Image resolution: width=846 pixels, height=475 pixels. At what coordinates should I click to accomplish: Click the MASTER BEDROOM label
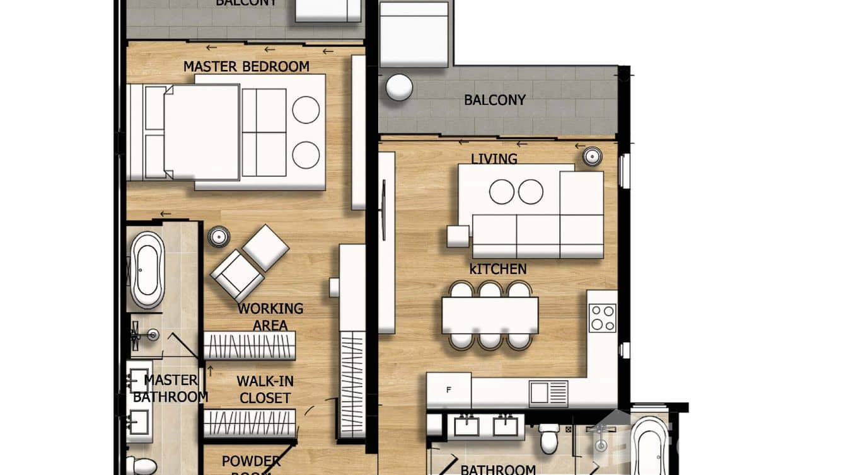[x=246, y=66]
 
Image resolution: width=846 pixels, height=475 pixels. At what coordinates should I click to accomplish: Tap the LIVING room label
[x=494, y=159]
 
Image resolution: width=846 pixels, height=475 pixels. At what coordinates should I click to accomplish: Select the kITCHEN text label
[x=497, y=269]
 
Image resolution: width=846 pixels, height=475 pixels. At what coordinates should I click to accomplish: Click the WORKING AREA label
[x=270, y=317]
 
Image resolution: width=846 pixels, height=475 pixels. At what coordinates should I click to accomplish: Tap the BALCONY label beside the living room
[x=494, y=100]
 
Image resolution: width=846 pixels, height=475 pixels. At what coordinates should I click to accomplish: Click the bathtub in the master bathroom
[x=147, y=269]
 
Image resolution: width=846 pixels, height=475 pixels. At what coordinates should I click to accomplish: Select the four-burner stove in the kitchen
[x=602, y=318]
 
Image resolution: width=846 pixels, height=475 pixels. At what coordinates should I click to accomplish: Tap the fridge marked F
[x=448, y=391]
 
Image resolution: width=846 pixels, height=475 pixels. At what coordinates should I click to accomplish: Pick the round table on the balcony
[x=399, y=88]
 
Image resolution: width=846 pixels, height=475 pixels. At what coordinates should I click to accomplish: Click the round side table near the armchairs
[x=219, y=237]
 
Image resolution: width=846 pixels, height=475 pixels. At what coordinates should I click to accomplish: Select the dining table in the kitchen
[x=490, y=315]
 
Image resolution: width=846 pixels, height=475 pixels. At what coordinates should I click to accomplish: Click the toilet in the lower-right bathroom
[x=549, y=438]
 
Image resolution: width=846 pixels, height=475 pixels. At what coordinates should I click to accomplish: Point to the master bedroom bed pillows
[x=154, y=132]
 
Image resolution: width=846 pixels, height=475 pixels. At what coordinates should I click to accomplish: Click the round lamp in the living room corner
[x=592, y=155]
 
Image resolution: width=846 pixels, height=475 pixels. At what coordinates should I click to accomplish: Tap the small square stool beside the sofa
[x=458, y=236]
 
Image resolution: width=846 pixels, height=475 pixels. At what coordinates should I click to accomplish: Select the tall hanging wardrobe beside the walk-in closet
[x=352, y=384]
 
